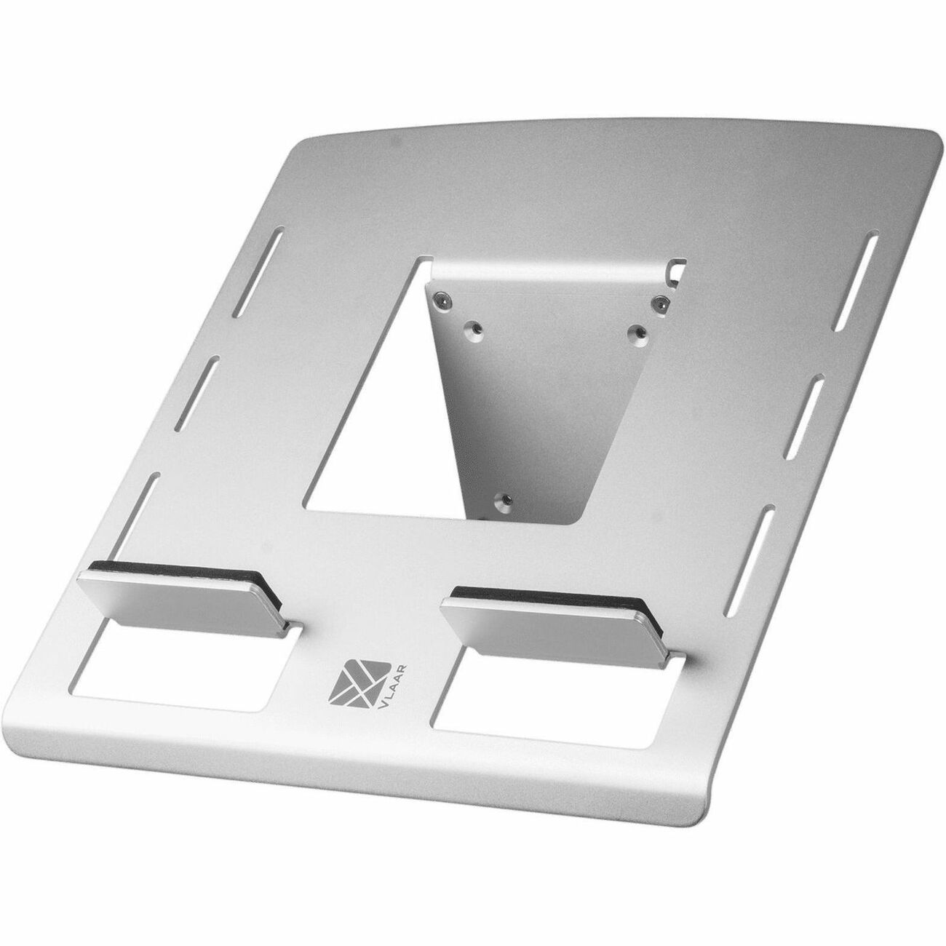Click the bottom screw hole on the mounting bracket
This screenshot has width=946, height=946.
[501, 501]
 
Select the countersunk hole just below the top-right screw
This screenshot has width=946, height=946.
[636, 331]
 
